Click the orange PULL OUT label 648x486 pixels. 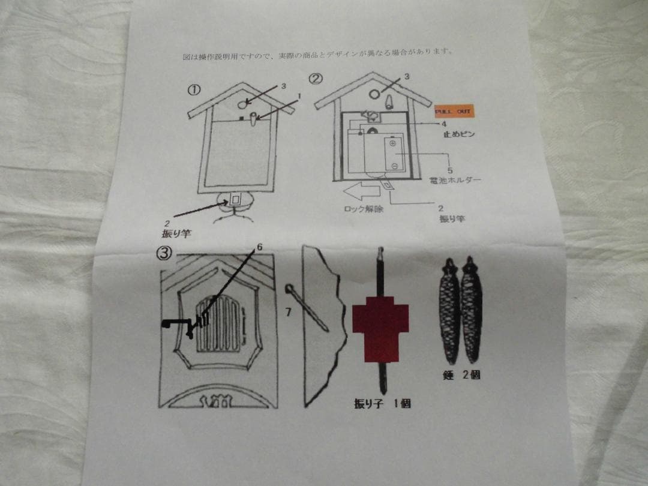pyautogui.click(x=454, y=112)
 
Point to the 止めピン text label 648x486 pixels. pyautogui.click(x=459, y=134)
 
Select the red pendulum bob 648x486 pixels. pyautogui.click(x=380, y=333)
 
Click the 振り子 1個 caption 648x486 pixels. pyautogui.click(x=382, y=404)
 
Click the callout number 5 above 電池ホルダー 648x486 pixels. pyautogui.click(x=450, y=170)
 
